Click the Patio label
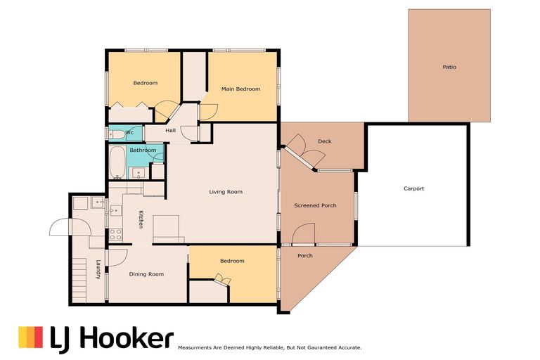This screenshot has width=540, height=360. (449, 67)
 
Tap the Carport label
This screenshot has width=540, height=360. (413, 188)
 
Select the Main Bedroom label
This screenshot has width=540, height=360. (240, 89)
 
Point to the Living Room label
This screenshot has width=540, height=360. (226, 192)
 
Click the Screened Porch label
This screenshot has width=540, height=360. (315, 205)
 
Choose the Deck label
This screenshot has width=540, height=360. (324, 141)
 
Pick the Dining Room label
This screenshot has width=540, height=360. (146, 274)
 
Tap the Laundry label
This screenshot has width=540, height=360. (98, 269)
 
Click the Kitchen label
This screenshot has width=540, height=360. (141, 219)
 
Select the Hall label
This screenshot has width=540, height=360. (170, 131)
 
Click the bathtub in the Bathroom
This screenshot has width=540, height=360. (118, 162)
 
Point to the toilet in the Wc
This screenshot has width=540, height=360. (117, 134)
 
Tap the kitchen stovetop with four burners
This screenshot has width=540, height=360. (115, 235)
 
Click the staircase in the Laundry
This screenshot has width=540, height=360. (79, 281)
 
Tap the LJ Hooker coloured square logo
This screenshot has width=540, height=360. (31, 337)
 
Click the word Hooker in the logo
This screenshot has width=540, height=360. (127, 339)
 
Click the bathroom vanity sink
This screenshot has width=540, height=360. (139, 173)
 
